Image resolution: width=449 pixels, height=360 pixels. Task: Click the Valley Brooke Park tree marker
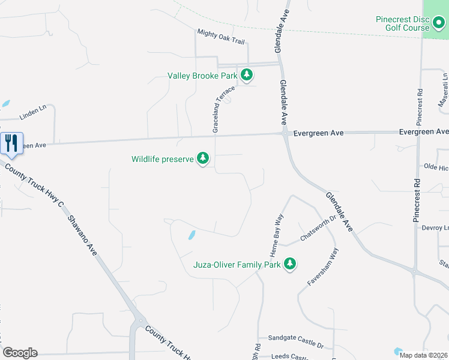(x=246, y=76)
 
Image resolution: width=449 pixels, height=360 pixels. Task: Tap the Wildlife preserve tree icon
(x=203, y=159)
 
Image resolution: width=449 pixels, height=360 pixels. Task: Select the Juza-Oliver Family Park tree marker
(x=290, y=264)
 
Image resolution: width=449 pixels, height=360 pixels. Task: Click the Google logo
(x=20, y=353)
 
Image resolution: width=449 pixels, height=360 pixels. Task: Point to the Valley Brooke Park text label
(x=202, y=76)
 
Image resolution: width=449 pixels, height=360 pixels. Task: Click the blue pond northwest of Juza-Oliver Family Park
(x=191, y=235)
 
